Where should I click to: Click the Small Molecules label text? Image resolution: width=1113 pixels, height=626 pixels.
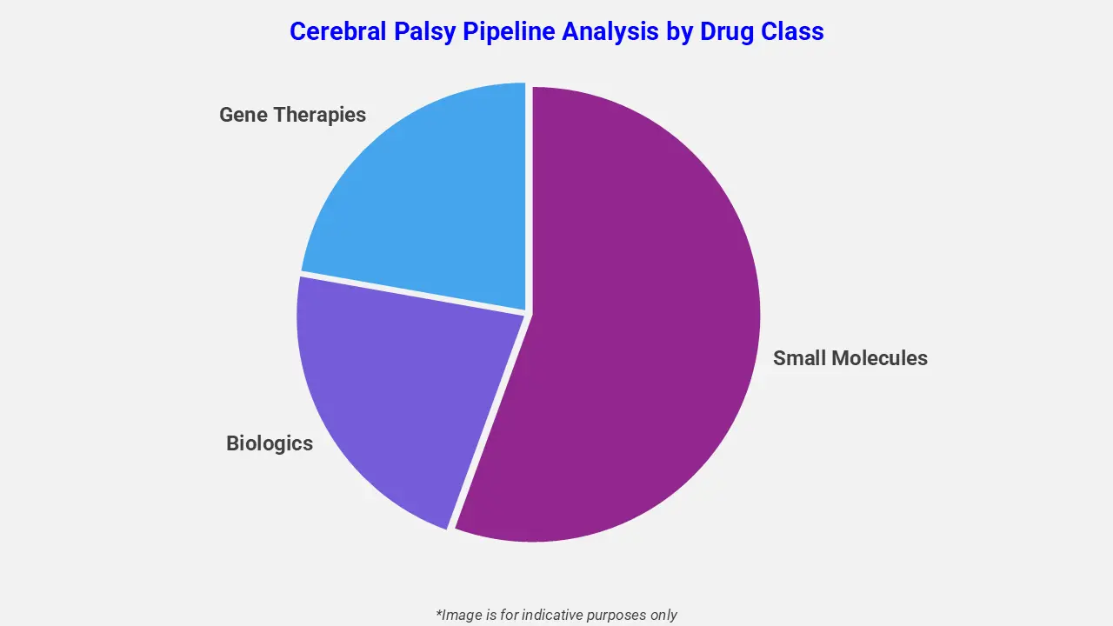coord(850,358)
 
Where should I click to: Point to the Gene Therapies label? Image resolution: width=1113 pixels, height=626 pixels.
coord(292,115)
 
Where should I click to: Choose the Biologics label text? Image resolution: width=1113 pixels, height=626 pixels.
coord(270,443)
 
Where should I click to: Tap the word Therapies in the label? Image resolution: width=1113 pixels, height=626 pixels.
coord(318,115)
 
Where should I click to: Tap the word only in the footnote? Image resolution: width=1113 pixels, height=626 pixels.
coord(663,615)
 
